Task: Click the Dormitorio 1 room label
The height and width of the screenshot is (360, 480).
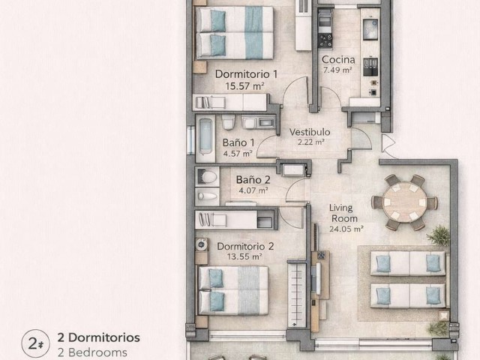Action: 247,74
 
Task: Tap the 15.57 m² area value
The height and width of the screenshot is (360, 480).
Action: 244,86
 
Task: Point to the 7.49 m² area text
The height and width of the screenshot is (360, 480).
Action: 336,70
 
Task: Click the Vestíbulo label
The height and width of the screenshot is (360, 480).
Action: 310,132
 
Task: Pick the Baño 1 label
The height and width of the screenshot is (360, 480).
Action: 239,142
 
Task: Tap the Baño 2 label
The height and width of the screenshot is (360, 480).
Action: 252,180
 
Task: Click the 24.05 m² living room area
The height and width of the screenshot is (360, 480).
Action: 347,229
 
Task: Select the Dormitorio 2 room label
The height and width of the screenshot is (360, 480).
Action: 245,245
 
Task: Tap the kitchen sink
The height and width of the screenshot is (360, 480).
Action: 369,29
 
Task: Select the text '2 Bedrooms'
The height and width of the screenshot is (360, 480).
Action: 92,352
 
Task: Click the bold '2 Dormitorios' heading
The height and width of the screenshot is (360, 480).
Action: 99,337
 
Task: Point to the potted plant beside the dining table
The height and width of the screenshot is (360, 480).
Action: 438,236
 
